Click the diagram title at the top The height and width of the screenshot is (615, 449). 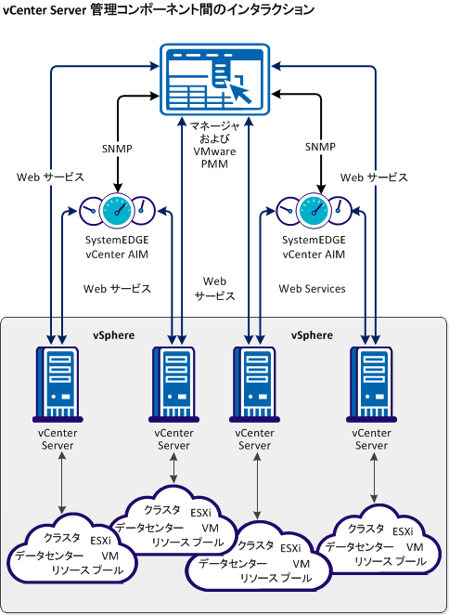pyautogui.click(x=158, y=9)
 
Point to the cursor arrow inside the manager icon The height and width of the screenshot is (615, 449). pyautogui.click(x=239, y=91)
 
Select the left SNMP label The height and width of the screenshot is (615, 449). pyautogui.click(x=117, y=148)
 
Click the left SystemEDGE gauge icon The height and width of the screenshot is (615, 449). pyautogui.click(x=117, y=211)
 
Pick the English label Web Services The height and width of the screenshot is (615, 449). pyautogui.click(x=312, y=289)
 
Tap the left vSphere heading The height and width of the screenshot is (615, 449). pyautogui.click(x=112, y=334)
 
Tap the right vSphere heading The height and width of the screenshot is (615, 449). pyautogui.click(x=312, y=334)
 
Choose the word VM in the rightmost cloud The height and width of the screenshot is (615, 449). pyautogui.click(x=415, y=546)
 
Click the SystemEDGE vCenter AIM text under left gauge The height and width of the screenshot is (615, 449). pyautogui.click(x=117, y=246)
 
